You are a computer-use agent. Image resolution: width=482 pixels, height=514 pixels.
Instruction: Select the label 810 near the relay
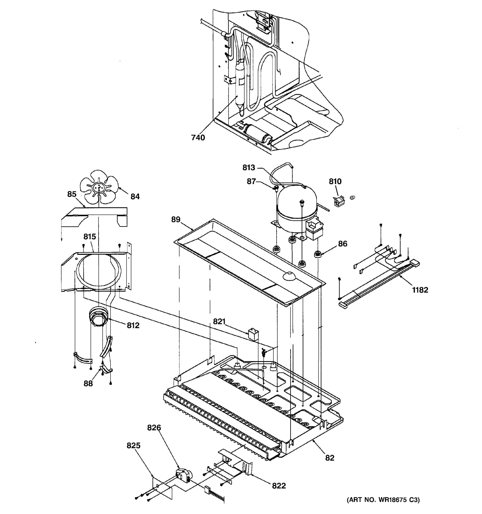point(335,181)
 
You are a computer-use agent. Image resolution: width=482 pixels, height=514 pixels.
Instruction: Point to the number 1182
point(420,290)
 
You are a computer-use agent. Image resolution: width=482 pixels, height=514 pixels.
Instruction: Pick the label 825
point(133,445)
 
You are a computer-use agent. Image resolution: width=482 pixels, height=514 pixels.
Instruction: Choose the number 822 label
point(279,486)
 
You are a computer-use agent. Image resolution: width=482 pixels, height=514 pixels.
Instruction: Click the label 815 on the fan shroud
point(90,237)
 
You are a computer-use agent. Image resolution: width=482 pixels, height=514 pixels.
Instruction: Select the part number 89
point(176,220)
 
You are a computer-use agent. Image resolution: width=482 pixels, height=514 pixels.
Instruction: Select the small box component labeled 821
point(253,334)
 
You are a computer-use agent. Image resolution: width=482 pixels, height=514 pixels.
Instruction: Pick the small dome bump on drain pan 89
point(289,276)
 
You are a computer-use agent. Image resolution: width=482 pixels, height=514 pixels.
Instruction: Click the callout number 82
point(330,458)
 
